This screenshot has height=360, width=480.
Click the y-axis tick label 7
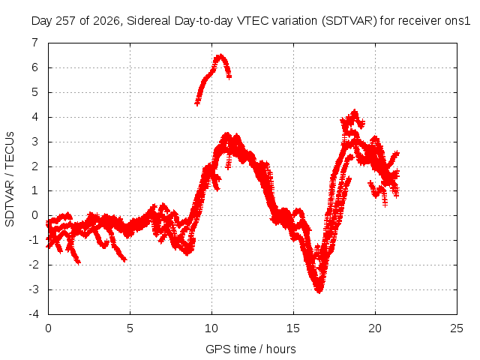coord(34,43)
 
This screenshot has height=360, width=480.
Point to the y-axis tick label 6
coord(34,67)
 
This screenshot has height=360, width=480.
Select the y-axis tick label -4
coord(34,314)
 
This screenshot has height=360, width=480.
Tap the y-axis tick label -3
coord(34,289)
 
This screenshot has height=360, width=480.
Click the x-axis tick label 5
coord(130,328)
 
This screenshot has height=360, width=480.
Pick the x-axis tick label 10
coord(211,328)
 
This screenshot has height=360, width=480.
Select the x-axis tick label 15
coord(293,328)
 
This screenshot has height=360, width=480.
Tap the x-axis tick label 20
coord(375,328)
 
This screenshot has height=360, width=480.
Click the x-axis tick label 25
coord(457,328)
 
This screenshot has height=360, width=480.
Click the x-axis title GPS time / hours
coord(250,349)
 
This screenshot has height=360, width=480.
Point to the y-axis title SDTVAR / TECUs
coord(10,179)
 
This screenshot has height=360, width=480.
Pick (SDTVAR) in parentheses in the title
coord(349,21)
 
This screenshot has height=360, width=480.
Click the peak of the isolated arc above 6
coord(220,55)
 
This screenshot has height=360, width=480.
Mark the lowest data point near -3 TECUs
coord(319,291)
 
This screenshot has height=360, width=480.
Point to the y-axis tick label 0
coord(34,215)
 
